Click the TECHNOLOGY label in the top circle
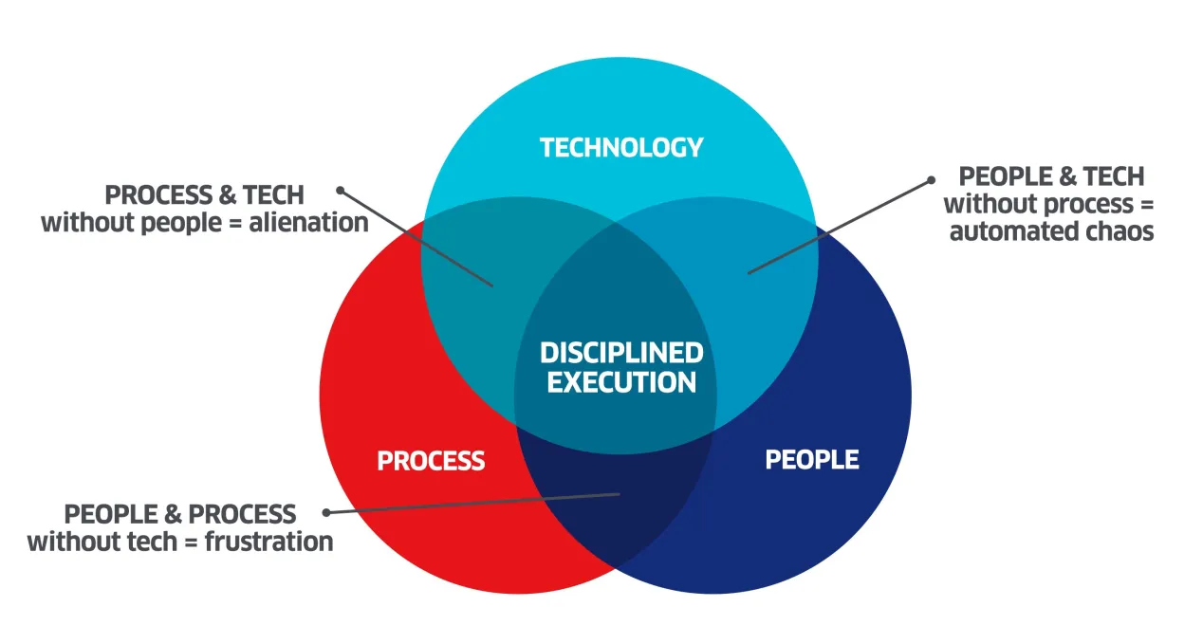pyautogui.click(x=621, y=147)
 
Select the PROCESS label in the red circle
pyautogui.click(x=431, y=461)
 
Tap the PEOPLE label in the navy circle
pyautogui.click(x=812, y=460)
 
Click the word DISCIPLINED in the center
pyautogui.click(x=621, y=353)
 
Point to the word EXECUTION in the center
pyautogui.click(x=621, y=382)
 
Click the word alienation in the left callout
pyautogui.click(x=308, y=223)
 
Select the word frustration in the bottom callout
pyautogui.click(x=269, y=542)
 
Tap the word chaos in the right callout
pyautogui.click(x=1120, y=232)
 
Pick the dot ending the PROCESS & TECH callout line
pyautogui.click(x=340, y=190)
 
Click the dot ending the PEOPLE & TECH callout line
pyautogui.click(x=932, y=180)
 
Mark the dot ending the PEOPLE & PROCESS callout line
pyautogui.click(x=326, y=512)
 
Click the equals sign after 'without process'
pyautogui.click(x=1147, y=205)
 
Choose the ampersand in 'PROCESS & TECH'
pyautogui.click(x=227, y=195)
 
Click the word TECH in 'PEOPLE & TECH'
pyautogui.click(x=1114, y=176)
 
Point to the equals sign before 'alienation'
pyautogui.click(x=235, y=224)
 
